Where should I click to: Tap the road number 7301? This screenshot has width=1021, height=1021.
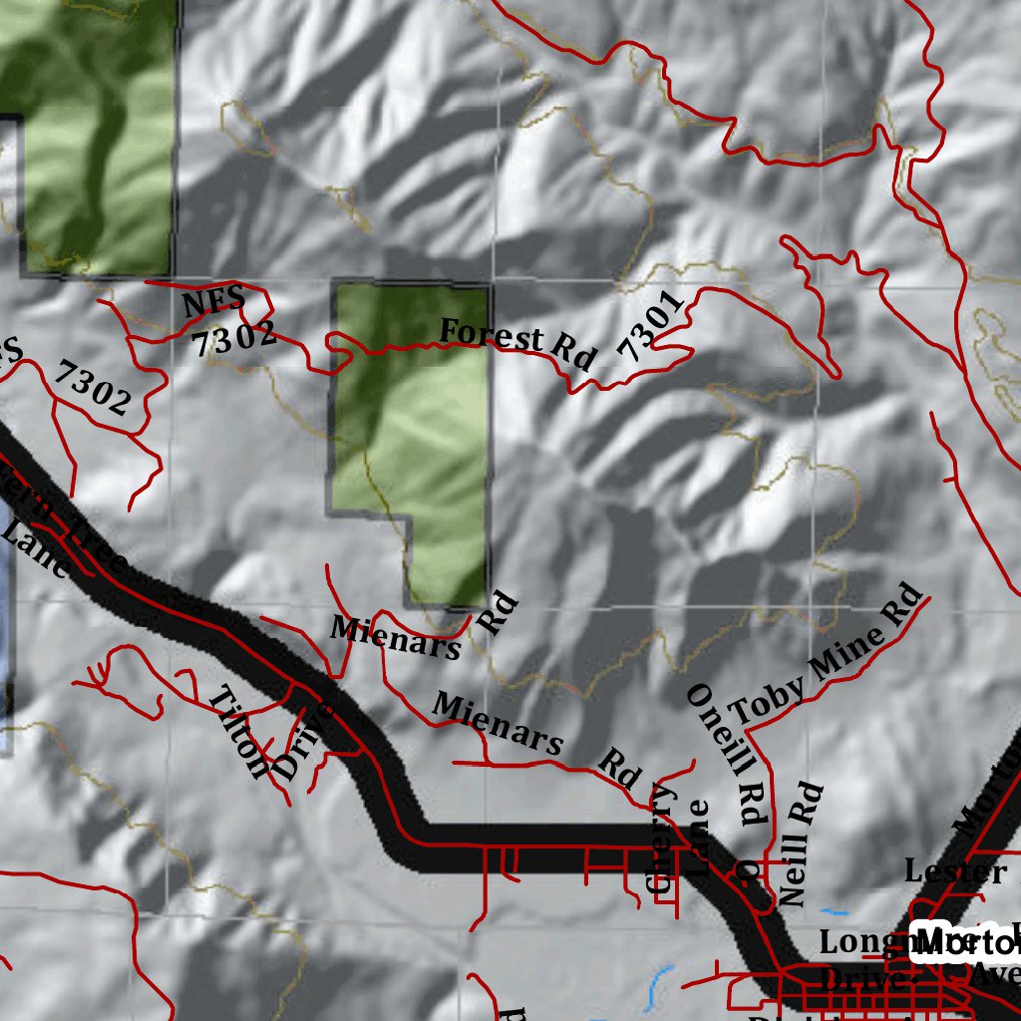pos(651,326)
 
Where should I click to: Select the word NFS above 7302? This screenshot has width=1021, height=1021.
pos(213,301)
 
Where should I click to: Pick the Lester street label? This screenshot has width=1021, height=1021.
pos(955,872)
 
